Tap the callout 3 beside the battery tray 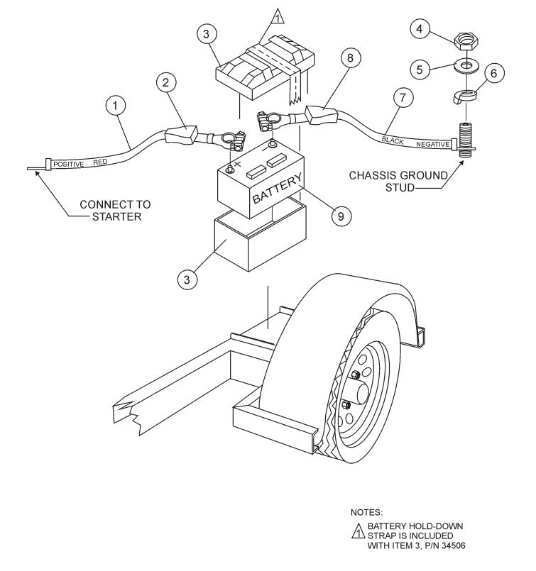coord(187,279)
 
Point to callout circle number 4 coord(420,29)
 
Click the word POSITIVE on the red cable coord(69,164)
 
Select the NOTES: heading coord(366,511)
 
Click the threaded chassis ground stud coord(466,137)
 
